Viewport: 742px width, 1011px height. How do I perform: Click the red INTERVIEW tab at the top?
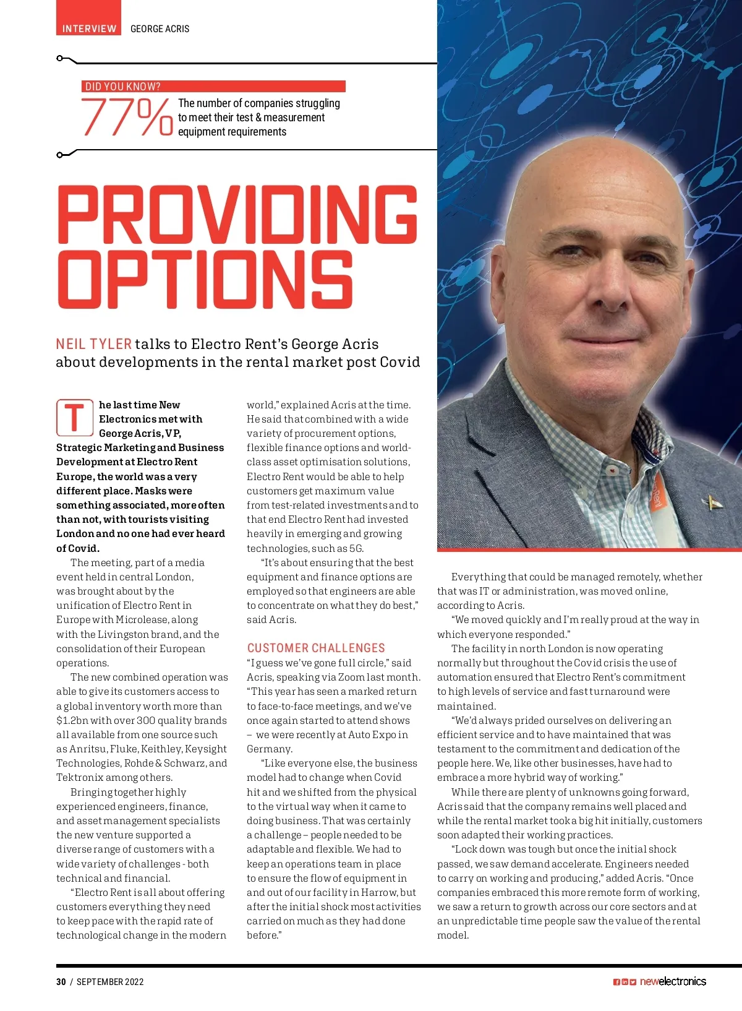[x=89, y=28]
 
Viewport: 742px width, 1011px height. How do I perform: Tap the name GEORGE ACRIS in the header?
[x=160, y=28]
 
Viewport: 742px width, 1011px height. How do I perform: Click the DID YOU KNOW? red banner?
[x=213, y=87]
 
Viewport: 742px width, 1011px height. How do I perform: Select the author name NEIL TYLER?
[x=93, y=344]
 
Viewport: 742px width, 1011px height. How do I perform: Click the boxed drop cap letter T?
[x=75, y=418]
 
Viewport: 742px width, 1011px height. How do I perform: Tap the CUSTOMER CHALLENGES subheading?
[x=316, y=648]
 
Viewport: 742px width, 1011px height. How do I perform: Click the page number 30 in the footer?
[x=61, y=981]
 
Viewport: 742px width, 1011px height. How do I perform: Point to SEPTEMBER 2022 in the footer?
[x=110, y=981]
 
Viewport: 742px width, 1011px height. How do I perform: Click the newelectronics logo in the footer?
[x=673, y=981]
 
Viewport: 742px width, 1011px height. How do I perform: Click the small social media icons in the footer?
[x=625, y=982]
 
